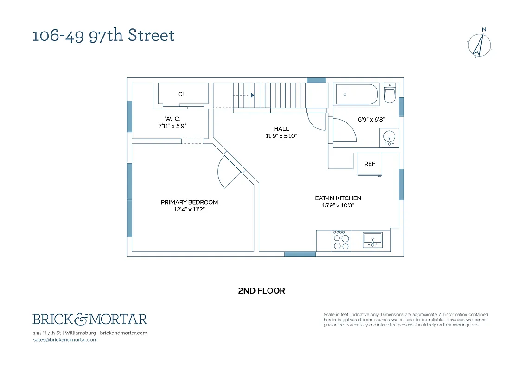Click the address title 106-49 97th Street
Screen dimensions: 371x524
pos(103,35)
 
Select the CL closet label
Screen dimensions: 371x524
pos(182,94)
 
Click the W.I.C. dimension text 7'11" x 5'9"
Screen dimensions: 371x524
pos(172,126)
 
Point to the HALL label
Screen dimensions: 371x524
pos(281,129)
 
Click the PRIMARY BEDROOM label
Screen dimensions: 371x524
pos(189,202)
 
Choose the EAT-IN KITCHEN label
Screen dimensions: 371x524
pos(338,198)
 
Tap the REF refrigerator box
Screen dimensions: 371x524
pos(370,164)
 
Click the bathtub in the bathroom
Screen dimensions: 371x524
pos(357,94)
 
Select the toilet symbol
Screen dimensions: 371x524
pos(390,94)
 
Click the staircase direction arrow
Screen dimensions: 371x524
pos(252,95)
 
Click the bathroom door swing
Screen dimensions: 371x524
pos(344,131)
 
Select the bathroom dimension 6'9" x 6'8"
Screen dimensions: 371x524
pos(371,120)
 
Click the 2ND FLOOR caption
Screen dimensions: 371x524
pos(262,291)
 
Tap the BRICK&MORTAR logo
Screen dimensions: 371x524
pos(90,319)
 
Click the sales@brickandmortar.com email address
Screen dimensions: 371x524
pos(65,339)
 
